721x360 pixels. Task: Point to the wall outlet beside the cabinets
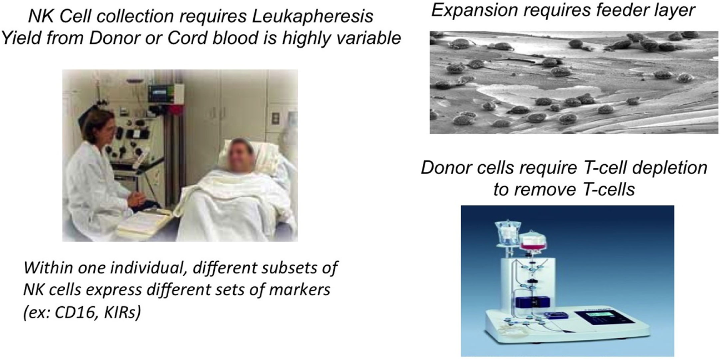tap(275, 118)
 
